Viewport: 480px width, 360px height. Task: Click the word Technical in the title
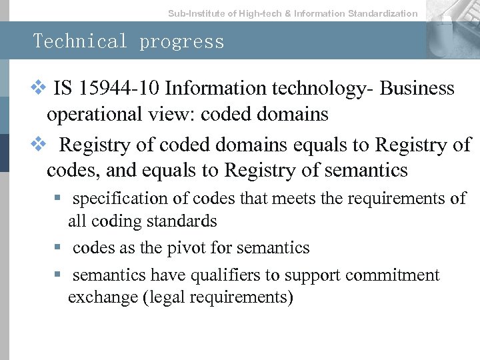pyautogui.click(x=81, y=41)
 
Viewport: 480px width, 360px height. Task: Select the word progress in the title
pyautogui.click(x=182, y=41)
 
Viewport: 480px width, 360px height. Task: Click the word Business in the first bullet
pyautogui.click(x=417, y=89)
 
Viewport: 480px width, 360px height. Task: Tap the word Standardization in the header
pyautogui.click(x=383, y=13)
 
